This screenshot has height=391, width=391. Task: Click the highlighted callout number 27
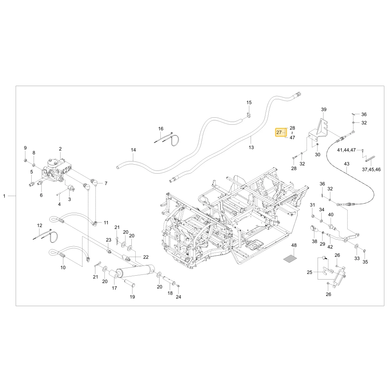click(x=279, y=133)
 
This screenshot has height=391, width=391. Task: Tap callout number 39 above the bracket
click(x=323, y=109)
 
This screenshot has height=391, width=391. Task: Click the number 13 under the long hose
click(x=251, y=147)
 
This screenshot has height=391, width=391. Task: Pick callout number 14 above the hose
click(x=133, y=150)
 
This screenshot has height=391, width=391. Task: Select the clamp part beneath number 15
click(x=248, y=115)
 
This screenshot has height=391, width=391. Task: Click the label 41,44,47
click(x=346, y=150)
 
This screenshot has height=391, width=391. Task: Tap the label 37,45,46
click(x=371, y=170)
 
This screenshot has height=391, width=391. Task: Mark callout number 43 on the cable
click(x=346, y=164)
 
